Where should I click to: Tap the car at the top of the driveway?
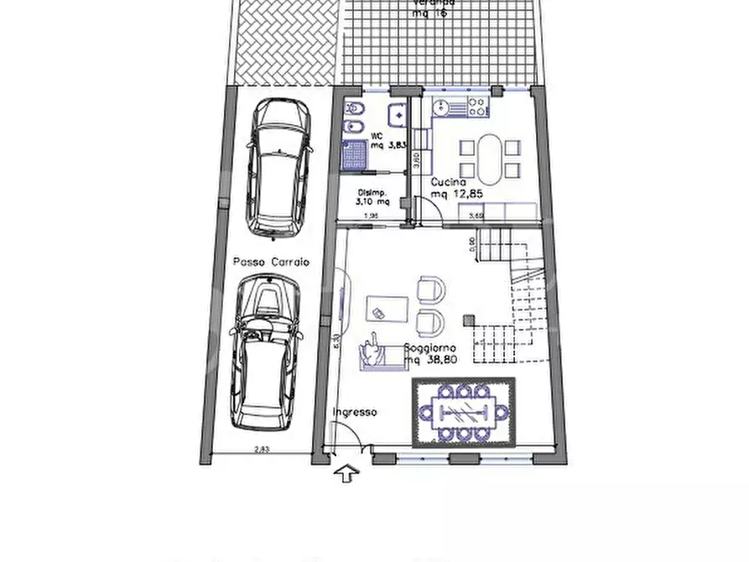[x=274, y=166]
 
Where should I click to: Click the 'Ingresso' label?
[x=355, y=412]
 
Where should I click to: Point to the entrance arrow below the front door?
[x=344, y=475]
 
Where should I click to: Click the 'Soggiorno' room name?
[x=429, y=347]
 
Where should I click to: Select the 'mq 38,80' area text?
[x=431, y=361]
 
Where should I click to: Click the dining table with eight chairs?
[x=464, y=412]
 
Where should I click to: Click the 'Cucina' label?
[x=449, y=182]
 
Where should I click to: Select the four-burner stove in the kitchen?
[x=477, y=107]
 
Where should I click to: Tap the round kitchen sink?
[x=438, y=107]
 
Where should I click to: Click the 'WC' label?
[x=377, y=135]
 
